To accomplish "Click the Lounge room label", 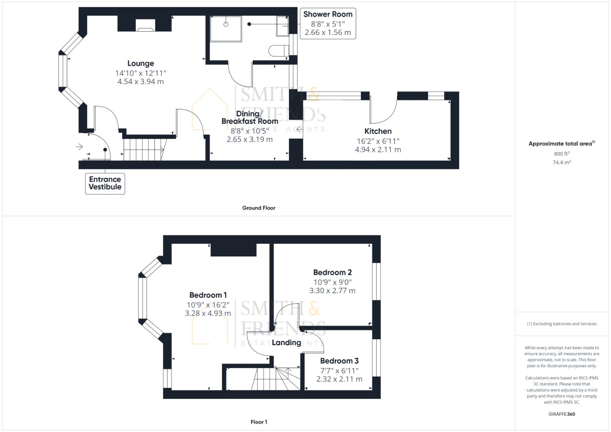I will [x=140, y=63].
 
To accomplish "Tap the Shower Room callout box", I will [x=328, y=23].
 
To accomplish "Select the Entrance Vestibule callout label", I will [x=105, y=183].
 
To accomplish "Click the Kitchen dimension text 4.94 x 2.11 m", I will [x=378, y=150].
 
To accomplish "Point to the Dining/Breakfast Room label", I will [x=250, y=118].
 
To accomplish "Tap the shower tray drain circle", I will [x=226, y=24].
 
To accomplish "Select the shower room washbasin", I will [x=282, y=26].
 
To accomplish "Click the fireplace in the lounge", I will [x=145, y=28].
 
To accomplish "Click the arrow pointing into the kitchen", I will [x=299, y=129].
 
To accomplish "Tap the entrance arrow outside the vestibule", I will [x=79, y=147].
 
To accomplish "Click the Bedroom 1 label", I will [x=205, y=295].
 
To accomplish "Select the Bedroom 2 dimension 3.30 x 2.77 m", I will [x=332, y=291].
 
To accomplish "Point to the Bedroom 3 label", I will [x=339, y=361].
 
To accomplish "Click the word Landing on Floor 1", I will [x=286, y=342].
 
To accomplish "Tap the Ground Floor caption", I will [x=258, y=208].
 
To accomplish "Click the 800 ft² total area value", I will [x=561, y=154].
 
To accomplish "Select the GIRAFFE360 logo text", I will [x=561, y=414].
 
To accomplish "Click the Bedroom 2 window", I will [x=376, y=281].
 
